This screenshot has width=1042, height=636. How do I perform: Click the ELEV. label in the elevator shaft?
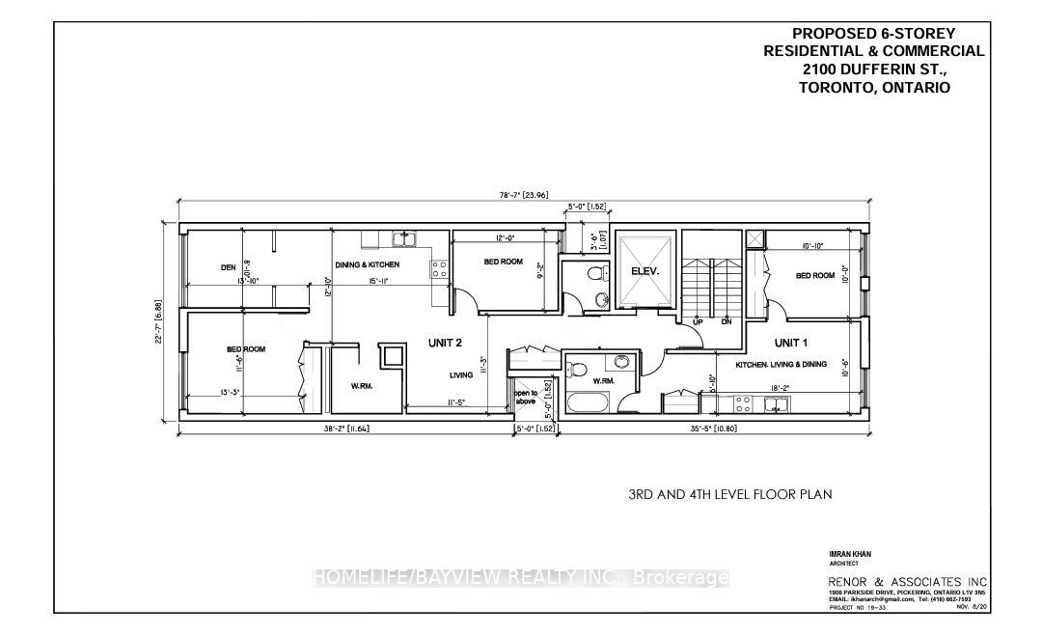pyautogui.click(x=644, y=272)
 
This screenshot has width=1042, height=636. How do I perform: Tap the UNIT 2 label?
pyautogui.click(x=446, y=342)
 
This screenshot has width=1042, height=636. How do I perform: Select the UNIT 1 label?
pyautogui.click(x=789, y=343)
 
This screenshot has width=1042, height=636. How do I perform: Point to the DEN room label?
pyautogui.click(x=229, y=267)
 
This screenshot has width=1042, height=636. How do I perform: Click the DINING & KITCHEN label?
pyautogui.click(x=367, y=264)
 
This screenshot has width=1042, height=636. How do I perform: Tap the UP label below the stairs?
pyautogui.click(x=697, y=322)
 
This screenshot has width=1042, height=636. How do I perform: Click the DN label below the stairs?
pyautogui.click(x=728, y=322)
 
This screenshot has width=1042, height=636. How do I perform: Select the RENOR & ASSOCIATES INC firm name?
pyautogui.click(x=907, y=581)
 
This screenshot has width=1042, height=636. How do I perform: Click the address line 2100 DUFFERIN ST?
pyautogui.click(x=874, y=69)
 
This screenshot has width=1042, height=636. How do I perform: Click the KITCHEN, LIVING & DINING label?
pyautogui.click(x=781, y=365)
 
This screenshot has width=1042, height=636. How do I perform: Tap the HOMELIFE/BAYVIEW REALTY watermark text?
pyautogui.click(x=521, y=578)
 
